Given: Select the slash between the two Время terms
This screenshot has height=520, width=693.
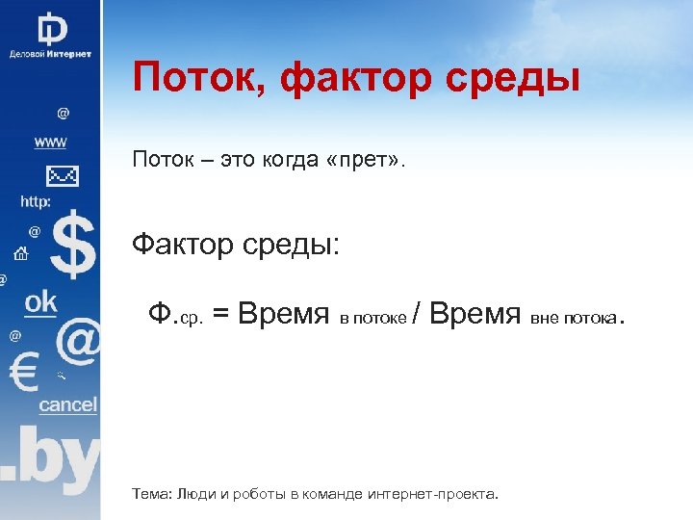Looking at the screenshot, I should (415, 314).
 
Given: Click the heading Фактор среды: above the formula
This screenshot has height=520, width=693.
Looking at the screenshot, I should (236, 245).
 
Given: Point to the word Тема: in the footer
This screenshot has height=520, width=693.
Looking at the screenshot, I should (152, 494).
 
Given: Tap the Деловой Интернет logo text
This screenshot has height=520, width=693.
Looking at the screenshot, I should (50, 54).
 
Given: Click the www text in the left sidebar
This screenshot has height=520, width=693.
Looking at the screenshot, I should (50, 143).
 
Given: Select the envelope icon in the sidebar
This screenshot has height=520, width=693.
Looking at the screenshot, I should (61, 176).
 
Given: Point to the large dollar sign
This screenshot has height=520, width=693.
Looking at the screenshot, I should (73, 247).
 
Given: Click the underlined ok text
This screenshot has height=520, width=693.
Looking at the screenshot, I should (41, 302).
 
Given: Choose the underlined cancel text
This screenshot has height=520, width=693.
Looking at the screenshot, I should (67, 405).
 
